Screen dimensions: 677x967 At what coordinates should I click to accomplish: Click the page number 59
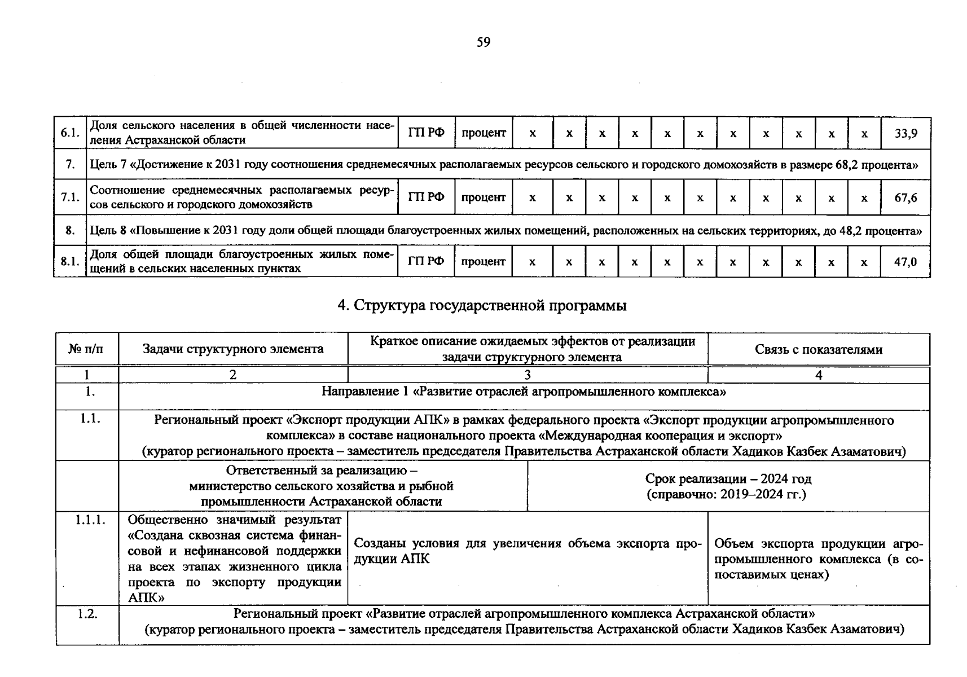click(x=483, y=42)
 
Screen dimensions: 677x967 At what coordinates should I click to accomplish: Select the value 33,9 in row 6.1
click(x=906, y=133)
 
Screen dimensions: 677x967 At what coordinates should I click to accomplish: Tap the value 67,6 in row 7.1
click(x=906, y=197)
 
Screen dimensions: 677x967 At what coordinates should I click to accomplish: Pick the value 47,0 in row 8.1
click(x=906, y=262)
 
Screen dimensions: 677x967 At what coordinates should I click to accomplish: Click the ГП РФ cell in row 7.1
click(x=426, y=197)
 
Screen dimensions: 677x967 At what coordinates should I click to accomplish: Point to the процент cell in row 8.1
click(x=483, y=262)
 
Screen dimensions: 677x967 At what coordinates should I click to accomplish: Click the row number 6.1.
click(x=69, y=133)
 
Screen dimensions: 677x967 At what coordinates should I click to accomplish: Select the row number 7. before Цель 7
click(x=69, y=165)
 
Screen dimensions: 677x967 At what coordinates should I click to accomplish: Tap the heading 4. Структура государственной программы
click(x=482, y=305)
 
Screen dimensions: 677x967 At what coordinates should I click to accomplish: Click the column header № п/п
click(x=86, y=349)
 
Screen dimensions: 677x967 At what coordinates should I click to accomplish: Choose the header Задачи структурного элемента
click(x=233, y=349)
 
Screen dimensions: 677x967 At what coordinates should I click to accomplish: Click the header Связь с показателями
click(x=818, y=349)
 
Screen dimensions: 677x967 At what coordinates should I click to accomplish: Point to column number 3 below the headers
click(x=527, y=375)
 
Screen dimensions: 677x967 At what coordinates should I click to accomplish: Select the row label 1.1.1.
click(x=90, y=520)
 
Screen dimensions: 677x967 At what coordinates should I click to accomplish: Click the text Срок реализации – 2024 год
click(x=728, y=479)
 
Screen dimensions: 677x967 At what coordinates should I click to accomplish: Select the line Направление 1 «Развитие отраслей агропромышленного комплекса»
click(x=523, y=392)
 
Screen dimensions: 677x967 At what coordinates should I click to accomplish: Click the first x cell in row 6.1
click(x=533, y=134)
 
